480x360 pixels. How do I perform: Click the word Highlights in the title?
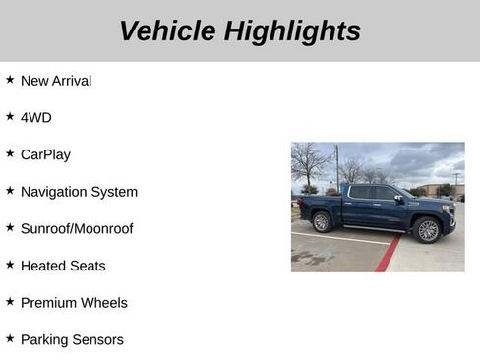pos(292,30)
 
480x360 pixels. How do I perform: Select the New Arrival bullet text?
pos(55,81)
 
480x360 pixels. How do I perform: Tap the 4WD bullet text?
pos(35,117)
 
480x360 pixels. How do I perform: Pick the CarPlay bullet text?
pos(45,154)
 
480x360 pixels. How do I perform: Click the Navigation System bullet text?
pos(79,192)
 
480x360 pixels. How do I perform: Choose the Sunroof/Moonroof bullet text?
pos(77,228)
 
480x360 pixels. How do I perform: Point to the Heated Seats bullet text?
pos(63,266)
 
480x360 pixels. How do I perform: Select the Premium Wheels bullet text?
pos(74,303)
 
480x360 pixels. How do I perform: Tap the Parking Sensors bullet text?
pos(72,339)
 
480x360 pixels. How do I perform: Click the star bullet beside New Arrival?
pos(10,80)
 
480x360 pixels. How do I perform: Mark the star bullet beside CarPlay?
pos(10,153)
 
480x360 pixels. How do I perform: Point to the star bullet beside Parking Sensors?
pos(10,338)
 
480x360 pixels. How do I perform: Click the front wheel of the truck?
pos(427,230)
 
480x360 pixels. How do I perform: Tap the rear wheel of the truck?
pos(322,222)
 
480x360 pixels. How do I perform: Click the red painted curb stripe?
pos(387,255)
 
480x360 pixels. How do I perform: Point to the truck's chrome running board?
pos(373,229)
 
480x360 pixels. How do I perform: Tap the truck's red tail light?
pos(300,204)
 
